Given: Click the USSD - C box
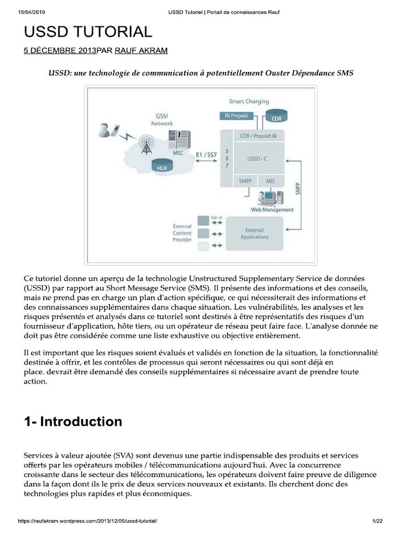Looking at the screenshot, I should (x=257, y=159).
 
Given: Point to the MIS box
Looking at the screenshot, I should (x=270, y=181).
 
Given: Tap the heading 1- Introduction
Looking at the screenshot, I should (x=73, y=421).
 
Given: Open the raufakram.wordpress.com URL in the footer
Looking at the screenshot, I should (x=87, y=521).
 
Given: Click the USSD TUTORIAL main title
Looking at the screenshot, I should (x=88, y=32).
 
